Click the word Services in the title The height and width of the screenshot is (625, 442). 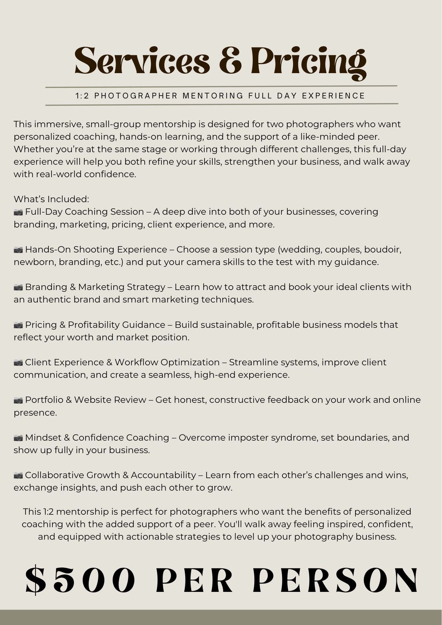142,61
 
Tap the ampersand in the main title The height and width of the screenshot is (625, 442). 230,61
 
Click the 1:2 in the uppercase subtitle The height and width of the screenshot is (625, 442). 82,96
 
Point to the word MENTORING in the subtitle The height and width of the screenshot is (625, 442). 213,96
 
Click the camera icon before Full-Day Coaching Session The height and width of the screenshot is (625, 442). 18,212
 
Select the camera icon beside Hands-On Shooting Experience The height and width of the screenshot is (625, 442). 18,250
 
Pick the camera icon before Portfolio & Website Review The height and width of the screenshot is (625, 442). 18,400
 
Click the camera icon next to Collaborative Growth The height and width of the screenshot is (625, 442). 18,476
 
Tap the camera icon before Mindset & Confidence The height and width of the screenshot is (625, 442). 18,438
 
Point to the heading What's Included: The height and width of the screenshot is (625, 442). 52,199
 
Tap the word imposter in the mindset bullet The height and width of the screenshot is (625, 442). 248,437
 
